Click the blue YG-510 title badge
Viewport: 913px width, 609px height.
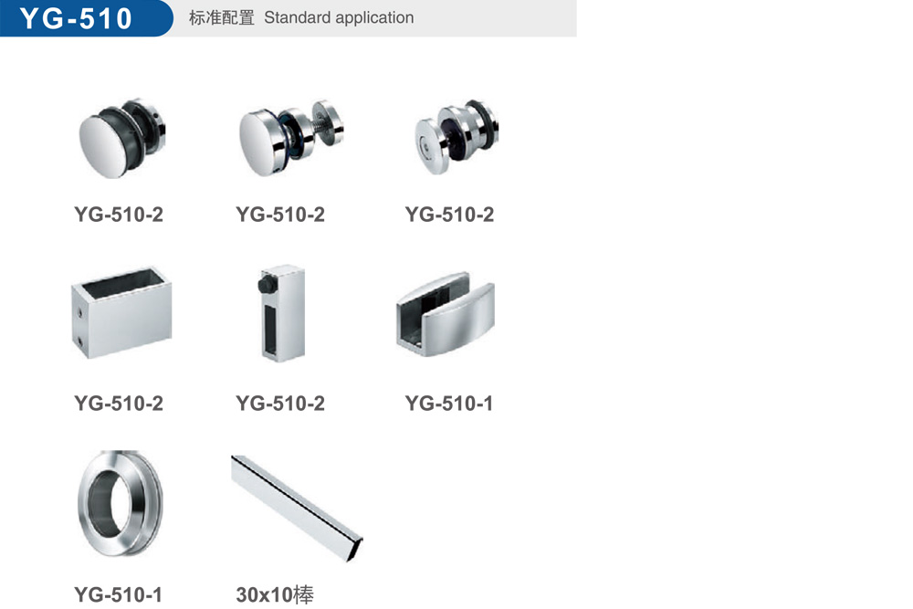86,18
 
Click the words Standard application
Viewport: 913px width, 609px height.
339,18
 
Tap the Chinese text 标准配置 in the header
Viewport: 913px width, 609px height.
221,18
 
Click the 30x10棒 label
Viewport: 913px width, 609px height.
275,594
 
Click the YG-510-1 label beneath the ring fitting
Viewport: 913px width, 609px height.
118,594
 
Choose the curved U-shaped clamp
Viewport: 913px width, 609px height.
446,314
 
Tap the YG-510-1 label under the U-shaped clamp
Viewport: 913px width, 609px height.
449,403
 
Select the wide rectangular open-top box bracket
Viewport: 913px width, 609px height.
121,312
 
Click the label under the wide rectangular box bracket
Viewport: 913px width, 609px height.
119,403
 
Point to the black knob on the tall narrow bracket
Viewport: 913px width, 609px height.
267,285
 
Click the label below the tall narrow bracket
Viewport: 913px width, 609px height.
280,403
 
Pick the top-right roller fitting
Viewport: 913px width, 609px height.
456,136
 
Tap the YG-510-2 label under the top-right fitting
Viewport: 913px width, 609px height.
449,215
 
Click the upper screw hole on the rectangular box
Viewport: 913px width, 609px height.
79,313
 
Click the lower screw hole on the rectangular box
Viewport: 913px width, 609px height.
79,341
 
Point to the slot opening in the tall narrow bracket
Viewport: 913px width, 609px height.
271,329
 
